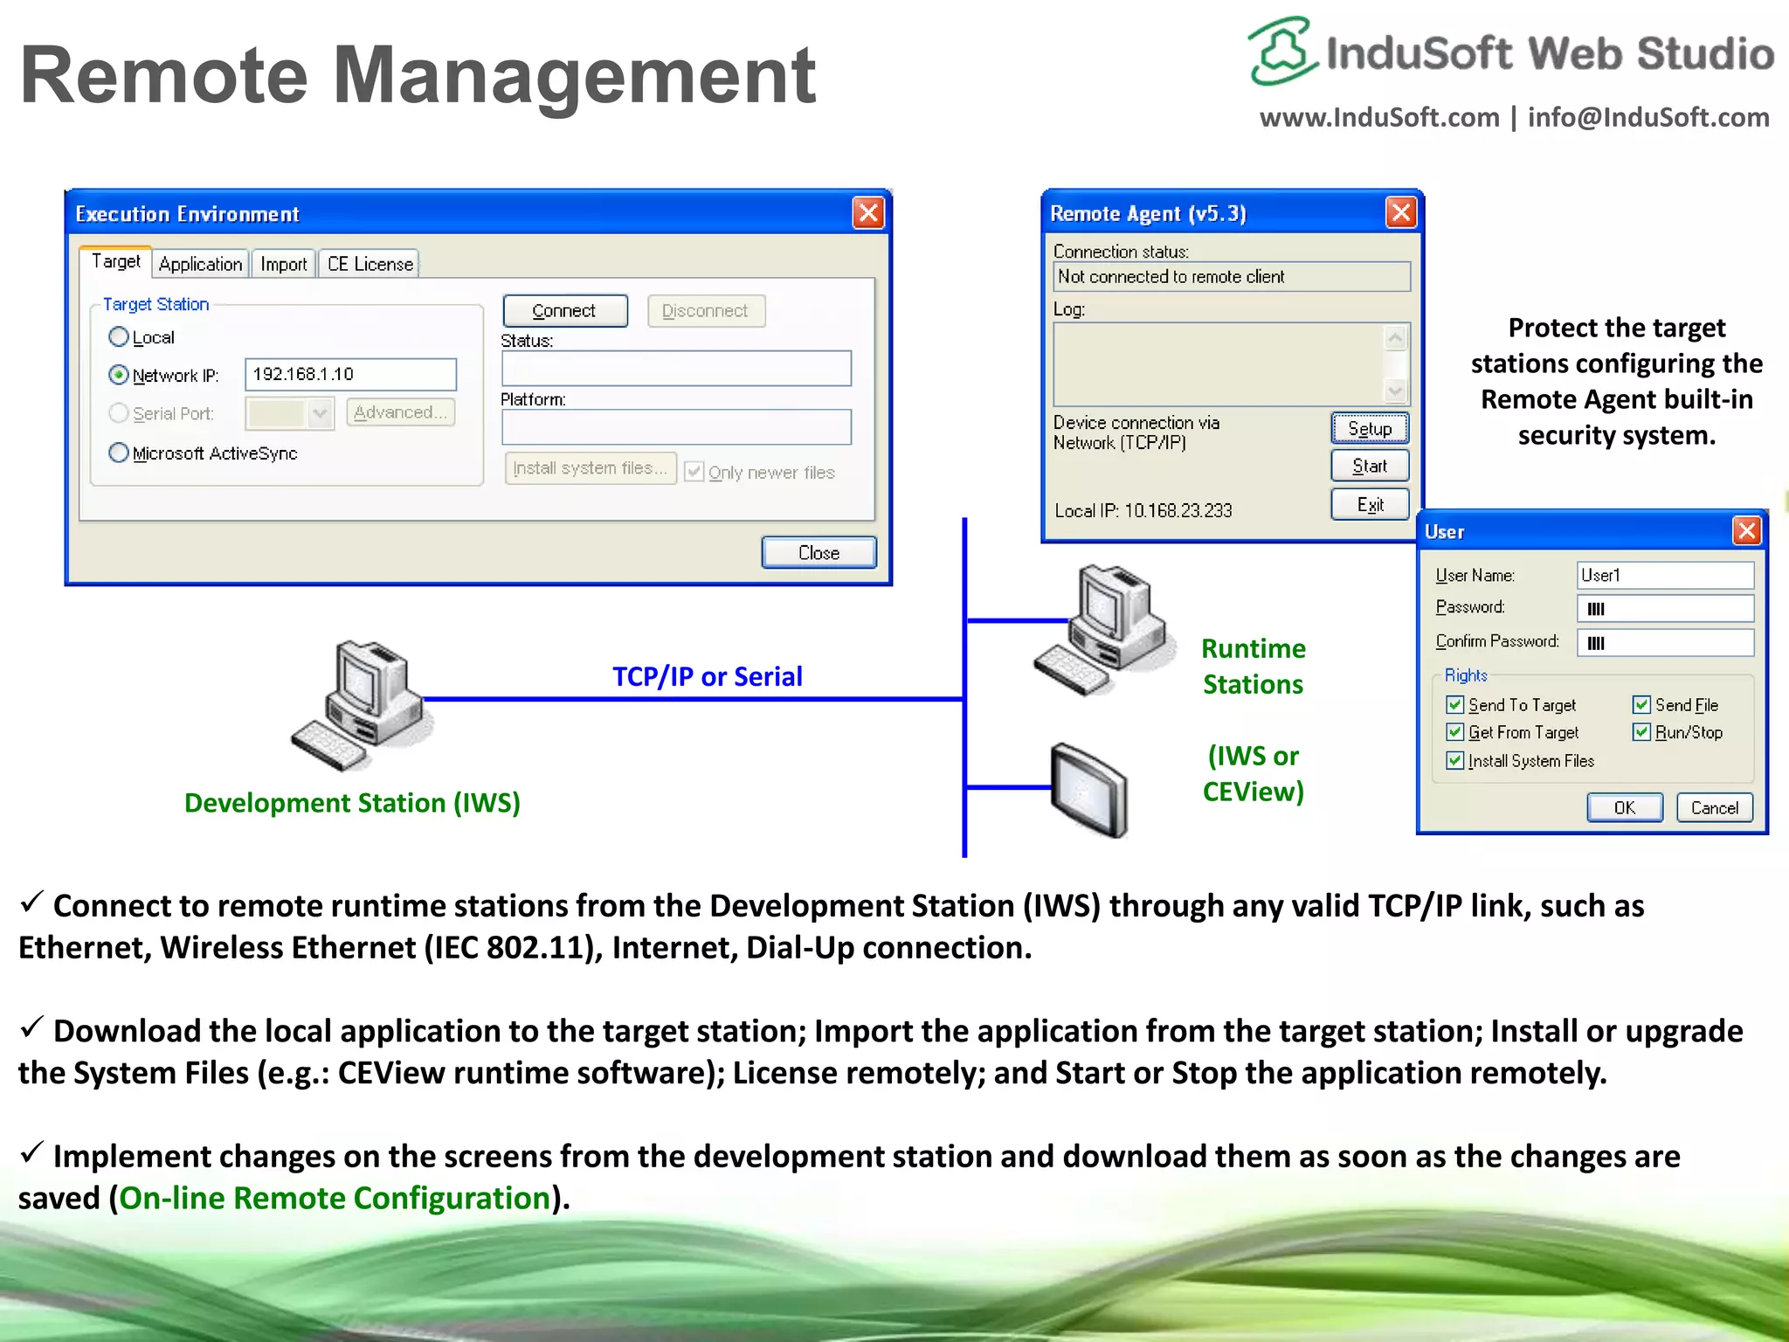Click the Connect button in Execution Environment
click(564, 311)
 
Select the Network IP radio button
click(119, 375)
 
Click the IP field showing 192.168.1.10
click(350, 375)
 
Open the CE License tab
click(370, 264)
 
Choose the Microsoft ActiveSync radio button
click(119, 453)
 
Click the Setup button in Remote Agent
click(1369, 428)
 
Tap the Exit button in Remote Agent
click(1369, 504)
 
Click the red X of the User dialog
click(1746, 530)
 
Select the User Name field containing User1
click(1664, 575)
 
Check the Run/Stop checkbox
click(1641, 732)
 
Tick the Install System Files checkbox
click(1454, 760)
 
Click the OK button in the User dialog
click(1624, 807)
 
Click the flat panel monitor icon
click(1088, 790)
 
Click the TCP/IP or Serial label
click(707, 676)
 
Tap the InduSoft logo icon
click(1281, 51)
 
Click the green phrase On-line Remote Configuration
click(335, 1198)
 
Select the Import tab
click(283, 264)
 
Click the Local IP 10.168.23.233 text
click(1143, 510)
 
